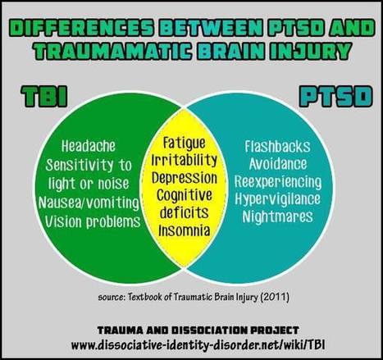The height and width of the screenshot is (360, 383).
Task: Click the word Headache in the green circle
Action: coord(89,146)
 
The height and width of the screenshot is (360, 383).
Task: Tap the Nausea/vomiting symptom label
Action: coord(89,203)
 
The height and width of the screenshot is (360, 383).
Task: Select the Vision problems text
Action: coord(93,221)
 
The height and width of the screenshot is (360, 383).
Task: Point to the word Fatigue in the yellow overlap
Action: coord(184,143)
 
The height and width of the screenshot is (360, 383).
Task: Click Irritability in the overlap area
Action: coord(185,160)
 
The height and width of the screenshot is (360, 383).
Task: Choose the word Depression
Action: coord(185,178)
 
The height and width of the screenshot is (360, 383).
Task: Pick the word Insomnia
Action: coord(185,230)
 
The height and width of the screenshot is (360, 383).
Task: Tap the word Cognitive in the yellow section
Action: coord(185,195)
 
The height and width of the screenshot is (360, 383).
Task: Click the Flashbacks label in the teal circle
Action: coord(277,146)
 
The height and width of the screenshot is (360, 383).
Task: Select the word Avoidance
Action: coord(278,164)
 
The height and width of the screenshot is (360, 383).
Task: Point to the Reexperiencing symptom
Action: coord(278,182)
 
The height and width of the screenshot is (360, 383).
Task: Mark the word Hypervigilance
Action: coord(277,199)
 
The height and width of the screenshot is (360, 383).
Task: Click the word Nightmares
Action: coord(277,217)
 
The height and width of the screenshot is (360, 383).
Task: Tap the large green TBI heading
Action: coord(44,97)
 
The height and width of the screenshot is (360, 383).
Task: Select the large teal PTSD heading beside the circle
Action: coord(335,97)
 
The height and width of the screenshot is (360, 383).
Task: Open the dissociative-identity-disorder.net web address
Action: coord(198,345)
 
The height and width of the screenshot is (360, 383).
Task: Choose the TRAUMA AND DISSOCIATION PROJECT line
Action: coord(198,330)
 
